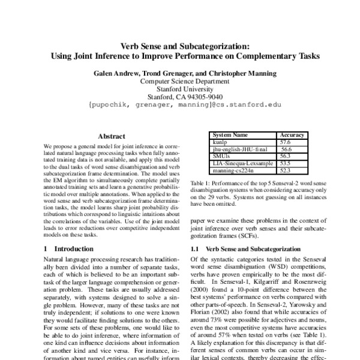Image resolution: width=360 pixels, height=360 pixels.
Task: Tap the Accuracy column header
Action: tap(292, 136)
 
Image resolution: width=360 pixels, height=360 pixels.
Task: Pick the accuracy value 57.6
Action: tap(286, 142)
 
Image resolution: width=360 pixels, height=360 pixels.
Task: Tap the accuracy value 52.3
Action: tap(286, 169)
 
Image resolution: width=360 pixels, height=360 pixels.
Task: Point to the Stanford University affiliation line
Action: tap(180, 88)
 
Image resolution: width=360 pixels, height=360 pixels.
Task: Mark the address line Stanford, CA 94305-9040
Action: tap(180, 95)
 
